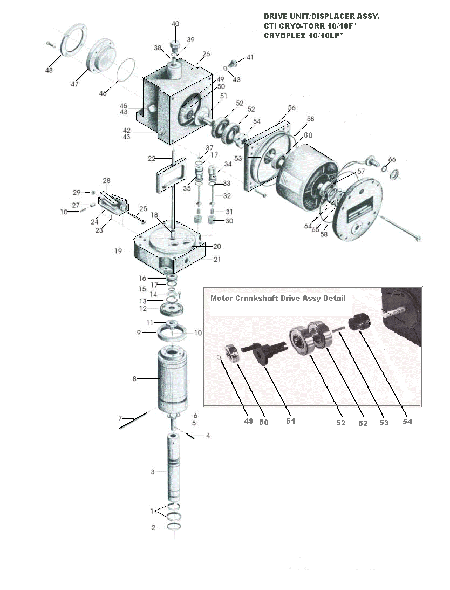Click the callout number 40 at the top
(x=175, y=24)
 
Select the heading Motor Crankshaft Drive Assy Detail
(x=277, y=298)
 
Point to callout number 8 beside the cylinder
(x=134, y=379)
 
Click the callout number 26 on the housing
(x=206, y=54)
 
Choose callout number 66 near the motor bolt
(x=392, y=159)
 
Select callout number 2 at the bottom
(x=153, y=527)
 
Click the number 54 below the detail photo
(x=407, y=422)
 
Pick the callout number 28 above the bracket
(x=106, y=180)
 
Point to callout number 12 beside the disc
(x=143, y=309)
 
